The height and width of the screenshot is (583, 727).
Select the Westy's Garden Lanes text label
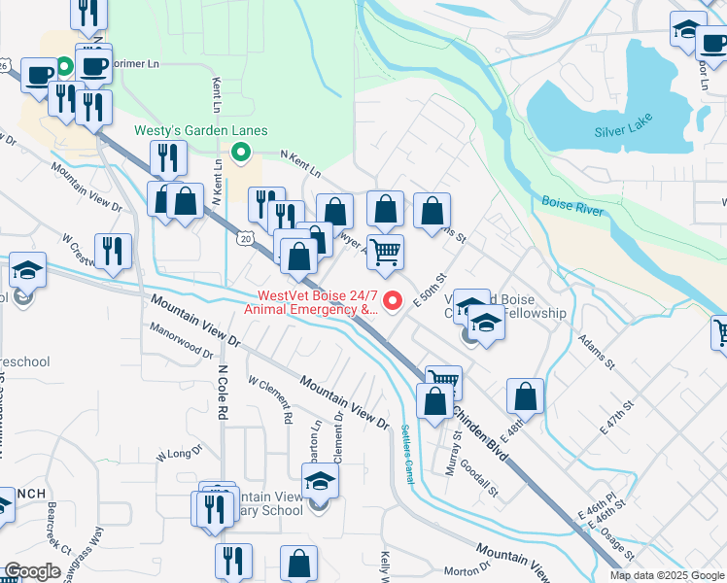tap(201, 131)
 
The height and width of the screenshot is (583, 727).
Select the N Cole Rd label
tap(223, 393)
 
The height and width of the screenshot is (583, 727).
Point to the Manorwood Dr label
tap(181, 343)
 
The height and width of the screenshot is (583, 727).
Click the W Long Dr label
tap(178, 454)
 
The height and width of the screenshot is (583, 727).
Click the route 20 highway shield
tap(245, 238)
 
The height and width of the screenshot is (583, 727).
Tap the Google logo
tap(32, 571)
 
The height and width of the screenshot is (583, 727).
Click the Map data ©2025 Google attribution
tap(666, 575)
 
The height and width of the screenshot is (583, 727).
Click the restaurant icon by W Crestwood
tap(113, 252)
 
